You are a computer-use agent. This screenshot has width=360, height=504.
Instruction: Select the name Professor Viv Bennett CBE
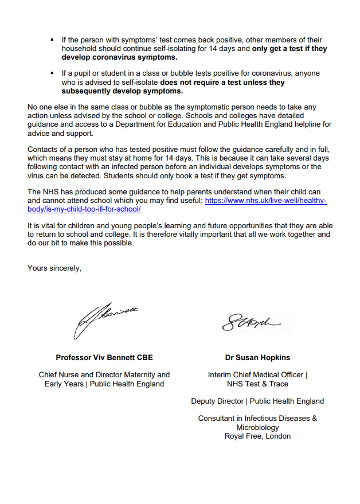coord(104,358)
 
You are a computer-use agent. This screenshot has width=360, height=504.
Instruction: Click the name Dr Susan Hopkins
coord(257,358)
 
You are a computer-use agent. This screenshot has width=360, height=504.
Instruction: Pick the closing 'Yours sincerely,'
coord(54,268)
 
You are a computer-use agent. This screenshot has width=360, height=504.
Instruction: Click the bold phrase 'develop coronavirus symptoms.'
coord(119,57)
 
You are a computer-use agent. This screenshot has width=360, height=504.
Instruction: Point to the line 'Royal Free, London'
coord(257,436)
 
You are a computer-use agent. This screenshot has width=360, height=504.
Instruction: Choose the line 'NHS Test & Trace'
coord(257,384)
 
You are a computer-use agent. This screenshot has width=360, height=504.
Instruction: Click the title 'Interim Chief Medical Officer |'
coord(257,375)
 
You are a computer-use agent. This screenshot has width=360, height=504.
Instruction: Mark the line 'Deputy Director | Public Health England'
coord(257,401)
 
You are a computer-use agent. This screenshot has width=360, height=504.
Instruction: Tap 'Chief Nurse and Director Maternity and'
coord(104,375)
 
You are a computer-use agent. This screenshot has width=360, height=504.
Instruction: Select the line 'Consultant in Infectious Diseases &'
coord(257,418)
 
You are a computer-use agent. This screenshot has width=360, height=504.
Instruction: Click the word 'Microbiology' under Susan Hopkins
coord(257,427)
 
